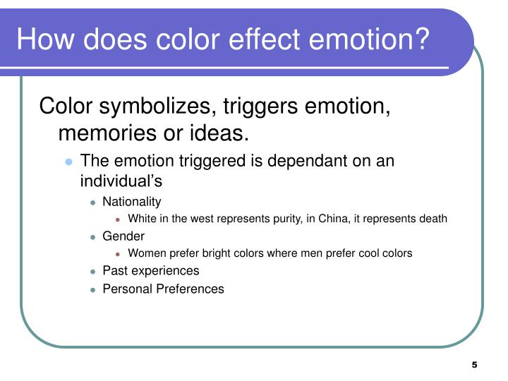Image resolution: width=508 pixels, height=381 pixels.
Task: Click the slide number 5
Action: pyautogui.click(x=474, y=364)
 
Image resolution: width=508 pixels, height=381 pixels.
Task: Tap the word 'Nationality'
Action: pyautogui.click(x=132, y=201)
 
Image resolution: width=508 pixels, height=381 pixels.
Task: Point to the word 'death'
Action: pyautogui.click(x=432, y=219)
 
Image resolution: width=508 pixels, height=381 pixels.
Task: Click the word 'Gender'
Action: pyautogui.click(x=123, y=236)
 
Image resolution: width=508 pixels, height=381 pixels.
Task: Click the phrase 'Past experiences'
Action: pyautogui.click(x=151, y=270)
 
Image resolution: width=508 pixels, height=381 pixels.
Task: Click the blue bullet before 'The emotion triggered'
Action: pyautogui.click(x=69, y=162)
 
